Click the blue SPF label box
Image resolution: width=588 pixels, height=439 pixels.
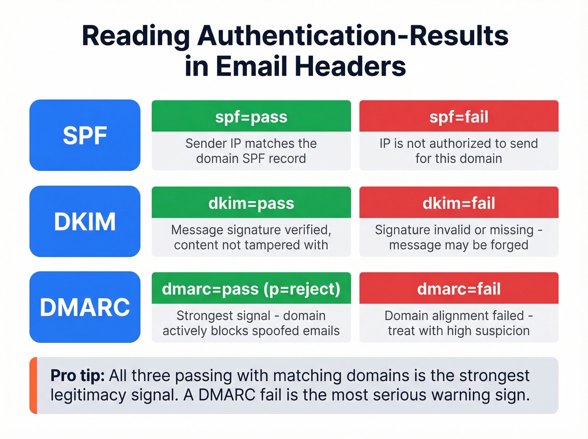click(85, 135)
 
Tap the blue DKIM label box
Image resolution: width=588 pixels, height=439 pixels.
click(85, 221)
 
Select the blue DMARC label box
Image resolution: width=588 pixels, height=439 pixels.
click(85, 307)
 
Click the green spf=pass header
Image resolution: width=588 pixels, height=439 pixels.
click(251, 116)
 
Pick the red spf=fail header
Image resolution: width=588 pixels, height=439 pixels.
click(459, 116)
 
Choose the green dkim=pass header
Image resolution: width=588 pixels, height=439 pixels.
click(251, 203)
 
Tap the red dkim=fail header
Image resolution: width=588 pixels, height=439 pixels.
click(459, 203)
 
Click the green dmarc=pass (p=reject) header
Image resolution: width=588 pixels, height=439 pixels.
click(251, 289)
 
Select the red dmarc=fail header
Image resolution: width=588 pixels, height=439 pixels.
click(459, 289)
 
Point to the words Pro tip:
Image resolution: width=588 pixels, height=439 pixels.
click(77, 375)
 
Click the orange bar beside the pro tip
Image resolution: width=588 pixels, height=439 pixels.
click(33, 386)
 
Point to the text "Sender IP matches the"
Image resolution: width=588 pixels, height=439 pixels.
click(251, 143)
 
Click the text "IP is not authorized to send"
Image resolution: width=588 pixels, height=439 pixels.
click(459, 143)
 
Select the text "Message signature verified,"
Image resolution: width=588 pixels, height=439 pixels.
click(251, 230)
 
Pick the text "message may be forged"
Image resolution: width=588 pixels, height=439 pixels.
click(459, 245)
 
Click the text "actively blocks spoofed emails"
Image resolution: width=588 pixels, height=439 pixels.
click(251, 331)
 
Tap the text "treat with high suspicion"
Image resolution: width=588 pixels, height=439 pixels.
click(459, 331)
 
